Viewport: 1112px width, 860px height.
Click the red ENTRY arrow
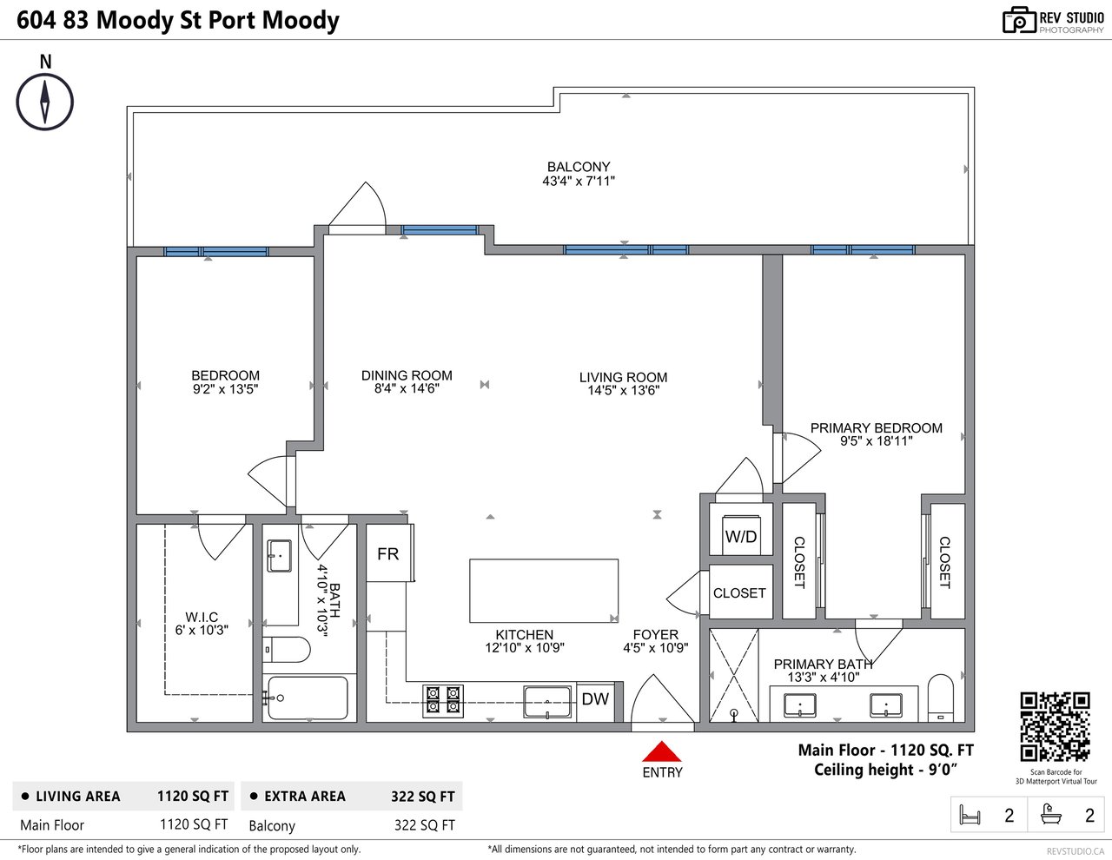[661, 751]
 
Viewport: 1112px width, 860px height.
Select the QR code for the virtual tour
[1056, 727]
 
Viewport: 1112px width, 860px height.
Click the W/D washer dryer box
[740, 536]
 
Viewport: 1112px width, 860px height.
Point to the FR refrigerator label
[387, 553]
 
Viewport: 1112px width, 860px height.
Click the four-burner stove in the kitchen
[443, 700]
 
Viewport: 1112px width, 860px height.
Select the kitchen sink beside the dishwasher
[547, 702]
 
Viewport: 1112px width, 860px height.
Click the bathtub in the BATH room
[308, 698]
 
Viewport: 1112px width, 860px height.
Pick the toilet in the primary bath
[941, 698]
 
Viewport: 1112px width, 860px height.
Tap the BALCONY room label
[579, 167]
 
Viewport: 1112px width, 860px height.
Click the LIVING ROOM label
[623, 377]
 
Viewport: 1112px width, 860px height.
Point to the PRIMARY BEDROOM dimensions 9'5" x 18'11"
[876, 441]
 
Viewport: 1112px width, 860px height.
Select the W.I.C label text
[202, 617]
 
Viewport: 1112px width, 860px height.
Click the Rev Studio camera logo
[1019, 20]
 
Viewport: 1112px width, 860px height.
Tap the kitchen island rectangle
[544, 591]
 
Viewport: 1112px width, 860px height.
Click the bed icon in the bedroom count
[970, 815]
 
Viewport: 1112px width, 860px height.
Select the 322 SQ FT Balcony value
[424, 825]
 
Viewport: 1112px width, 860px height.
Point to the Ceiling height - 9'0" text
[885, 770]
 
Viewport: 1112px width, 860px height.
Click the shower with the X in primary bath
[733, 675]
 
